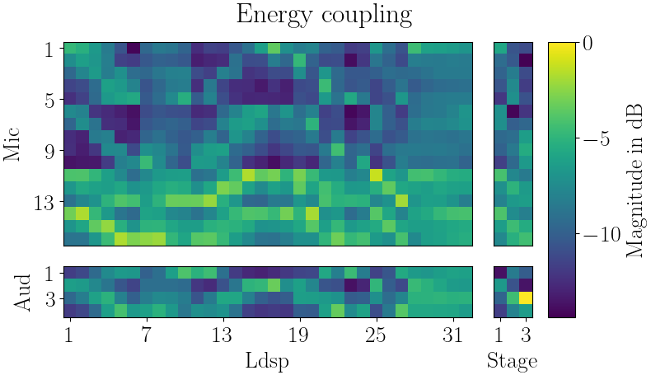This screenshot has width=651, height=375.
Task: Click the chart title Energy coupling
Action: coord(324,15)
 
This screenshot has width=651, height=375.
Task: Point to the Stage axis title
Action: coord(513,361)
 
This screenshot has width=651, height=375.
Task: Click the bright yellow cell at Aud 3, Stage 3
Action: coord(526,298)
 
